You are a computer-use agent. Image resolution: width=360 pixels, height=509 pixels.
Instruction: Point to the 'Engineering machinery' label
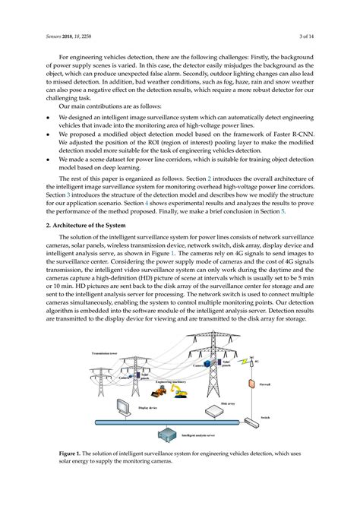(x=170, y=382)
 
